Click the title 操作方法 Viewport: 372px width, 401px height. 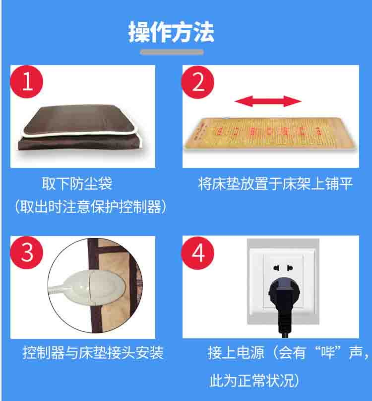[171, 32]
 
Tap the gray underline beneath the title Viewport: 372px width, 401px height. [172, 52]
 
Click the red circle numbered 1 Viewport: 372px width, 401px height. [27, 82]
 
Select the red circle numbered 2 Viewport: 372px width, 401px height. [198, 82]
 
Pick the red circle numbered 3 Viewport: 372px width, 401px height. [27, 252]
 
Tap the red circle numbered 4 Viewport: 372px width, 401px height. [198, 253]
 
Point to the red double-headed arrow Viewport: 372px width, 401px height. [268, 101]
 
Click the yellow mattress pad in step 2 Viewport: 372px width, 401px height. [270, 133]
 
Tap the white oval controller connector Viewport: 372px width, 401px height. [92, 287]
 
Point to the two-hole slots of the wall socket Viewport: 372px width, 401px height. [283, 268]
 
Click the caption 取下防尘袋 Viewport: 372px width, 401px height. [77, 183]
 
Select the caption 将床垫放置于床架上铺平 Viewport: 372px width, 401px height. [275, 183]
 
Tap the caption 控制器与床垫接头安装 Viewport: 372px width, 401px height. [93, 353]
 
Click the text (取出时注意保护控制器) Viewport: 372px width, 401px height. [91, 207]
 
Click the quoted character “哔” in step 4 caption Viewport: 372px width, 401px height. [328, 352]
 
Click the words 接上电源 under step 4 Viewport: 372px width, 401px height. [236, 353]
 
